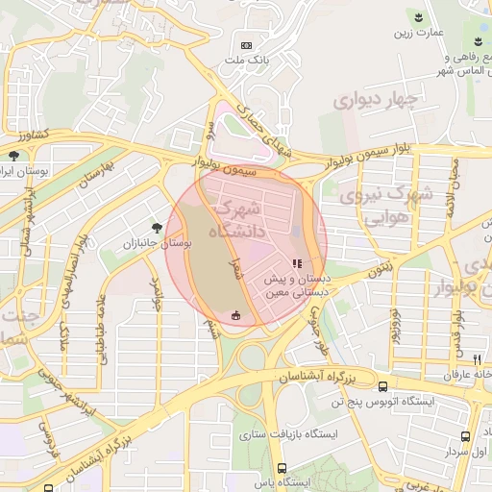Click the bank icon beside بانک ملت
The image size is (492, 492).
[247, 45]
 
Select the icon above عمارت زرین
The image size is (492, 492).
[418, 17]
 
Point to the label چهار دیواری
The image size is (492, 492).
[377, 100]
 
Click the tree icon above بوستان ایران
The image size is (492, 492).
[13, 155]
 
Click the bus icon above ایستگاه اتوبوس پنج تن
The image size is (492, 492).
[383, 385]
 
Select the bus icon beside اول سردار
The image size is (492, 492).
[451, 450]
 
